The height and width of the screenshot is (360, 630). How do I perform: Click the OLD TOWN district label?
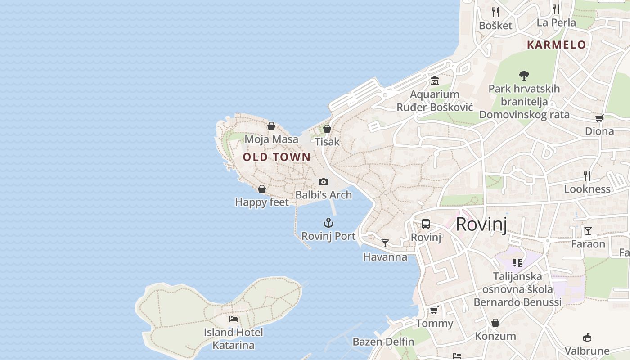(277, 157)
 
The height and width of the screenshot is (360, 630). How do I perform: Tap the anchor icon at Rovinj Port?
(328, 223)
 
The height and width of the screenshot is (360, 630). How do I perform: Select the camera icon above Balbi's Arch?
(323, 182)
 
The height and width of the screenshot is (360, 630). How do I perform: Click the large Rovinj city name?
(481, 224)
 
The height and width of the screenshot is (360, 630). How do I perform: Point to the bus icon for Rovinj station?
(425, 224)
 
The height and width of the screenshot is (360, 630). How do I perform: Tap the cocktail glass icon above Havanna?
(385, 243)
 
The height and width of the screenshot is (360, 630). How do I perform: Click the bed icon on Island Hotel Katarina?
(233, 319)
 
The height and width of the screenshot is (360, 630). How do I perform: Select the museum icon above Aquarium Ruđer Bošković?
(434, 81)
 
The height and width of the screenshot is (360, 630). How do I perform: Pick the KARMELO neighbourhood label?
(557, 45)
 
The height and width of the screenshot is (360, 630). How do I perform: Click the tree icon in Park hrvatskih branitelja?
(524, 75)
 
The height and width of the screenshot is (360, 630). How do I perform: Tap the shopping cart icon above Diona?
(599, 118)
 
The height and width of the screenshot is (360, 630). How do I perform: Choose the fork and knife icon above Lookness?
(587, 175)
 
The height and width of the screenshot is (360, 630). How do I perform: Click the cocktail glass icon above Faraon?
(588, 231)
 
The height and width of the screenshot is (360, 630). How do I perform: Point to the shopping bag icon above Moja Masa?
(271, 126)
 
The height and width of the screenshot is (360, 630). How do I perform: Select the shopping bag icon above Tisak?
(327, 129)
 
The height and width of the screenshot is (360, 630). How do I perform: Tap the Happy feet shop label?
(262, 202)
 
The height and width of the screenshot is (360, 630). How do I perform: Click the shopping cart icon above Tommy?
(434, 310)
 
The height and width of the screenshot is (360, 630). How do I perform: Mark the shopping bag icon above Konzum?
(495, 323)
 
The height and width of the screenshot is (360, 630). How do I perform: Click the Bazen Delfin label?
(383, 342)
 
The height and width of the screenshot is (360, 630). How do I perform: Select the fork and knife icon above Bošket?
(495, 12)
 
